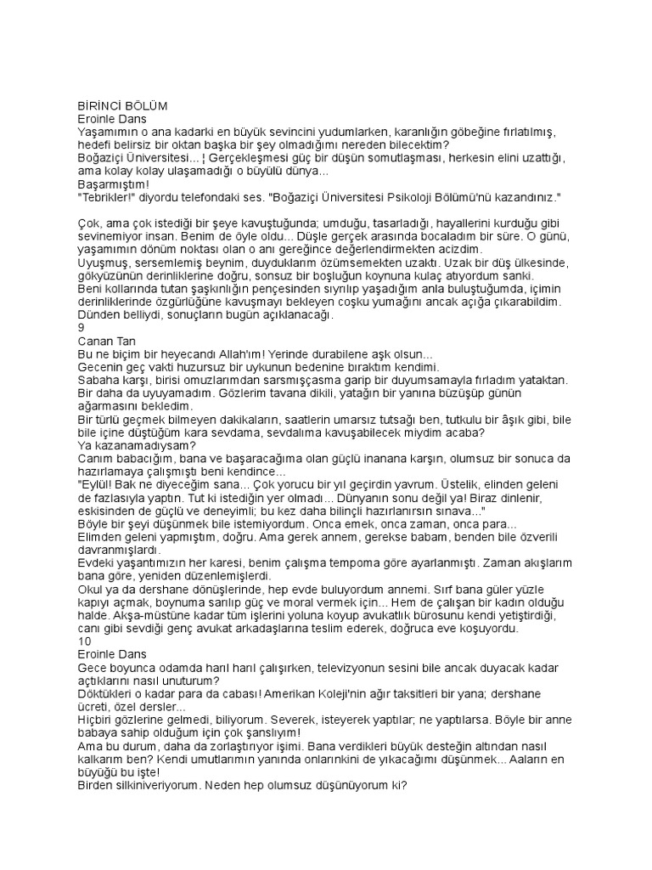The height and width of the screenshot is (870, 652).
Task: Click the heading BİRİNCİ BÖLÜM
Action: [122, 106]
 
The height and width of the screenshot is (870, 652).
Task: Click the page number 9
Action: [81, 327]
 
